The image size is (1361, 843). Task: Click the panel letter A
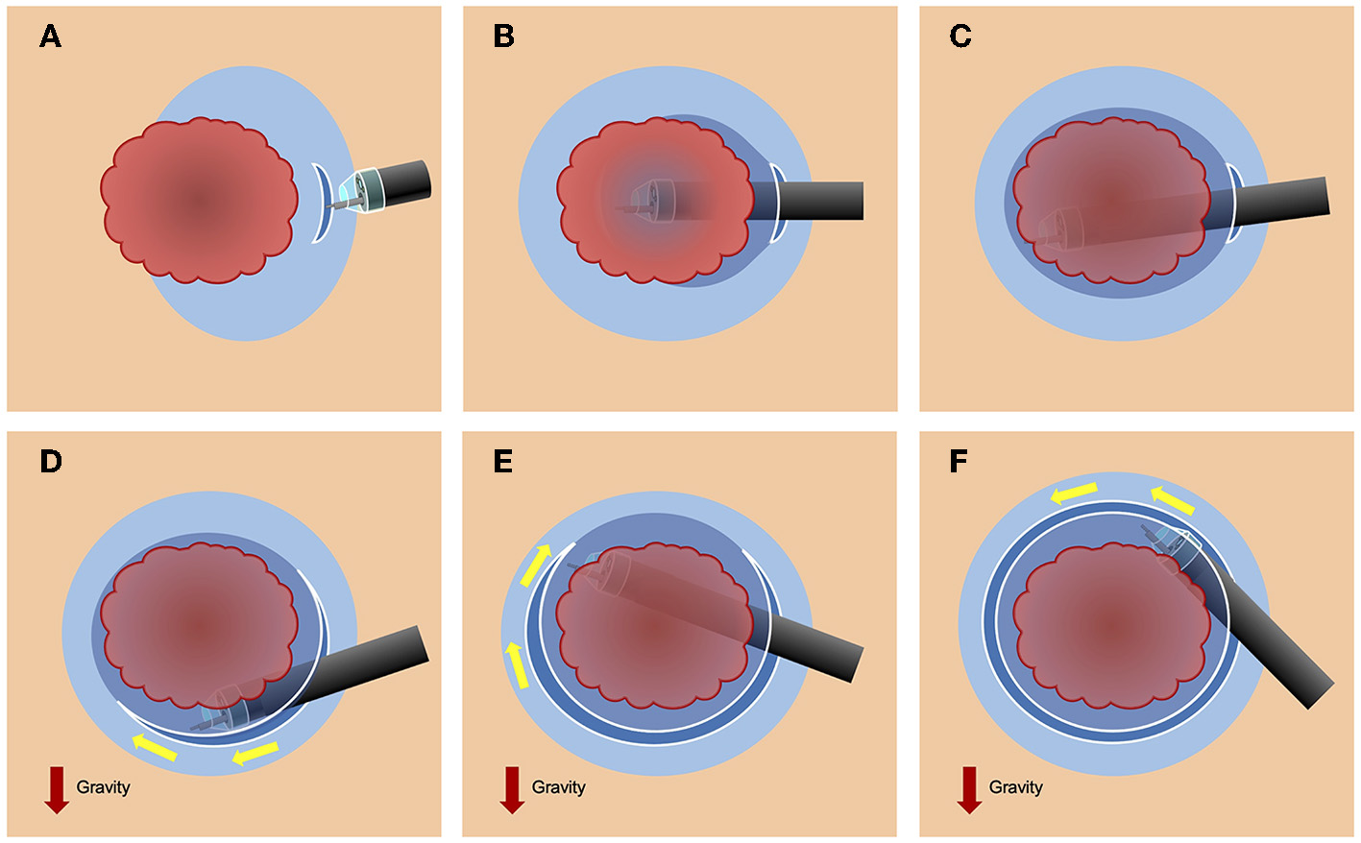coord(50,37)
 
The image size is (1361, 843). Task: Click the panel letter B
coord(503,37)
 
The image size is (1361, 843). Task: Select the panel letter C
coord(960,37)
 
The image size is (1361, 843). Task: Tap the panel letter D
coord(50,462)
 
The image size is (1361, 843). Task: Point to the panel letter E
coord(502,462)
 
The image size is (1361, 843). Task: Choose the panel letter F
coord(959,462)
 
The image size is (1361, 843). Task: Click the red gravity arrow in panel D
coord(57,789)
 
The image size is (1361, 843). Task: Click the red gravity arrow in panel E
coord(512,789)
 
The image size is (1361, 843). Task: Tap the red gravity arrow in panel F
coord(969,789)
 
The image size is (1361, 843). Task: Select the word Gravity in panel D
coord(103,787)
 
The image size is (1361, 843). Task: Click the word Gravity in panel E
coord(558,787)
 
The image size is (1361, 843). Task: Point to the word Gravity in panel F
coord(1015,787)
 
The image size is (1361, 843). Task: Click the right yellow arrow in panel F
coord(1173,499)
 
